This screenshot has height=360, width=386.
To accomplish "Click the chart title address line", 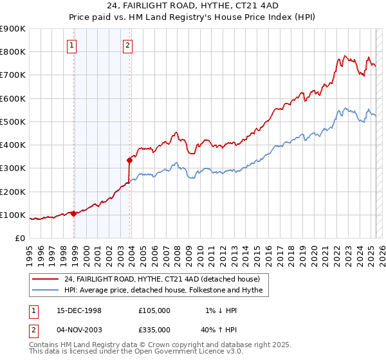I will (193, 6).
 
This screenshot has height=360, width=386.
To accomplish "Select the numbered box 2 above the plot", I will (128, 45).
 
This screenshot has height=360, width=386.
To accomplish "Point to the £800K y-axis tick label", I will (13, 52).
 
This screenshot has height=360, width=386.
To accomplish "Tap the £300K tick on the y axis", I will (13, 168).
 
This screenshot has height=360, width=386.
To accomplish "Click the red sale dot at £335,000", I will (130, 160).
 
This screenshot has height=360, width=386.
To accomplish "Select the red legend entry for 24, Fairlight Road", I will (161, 279).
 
